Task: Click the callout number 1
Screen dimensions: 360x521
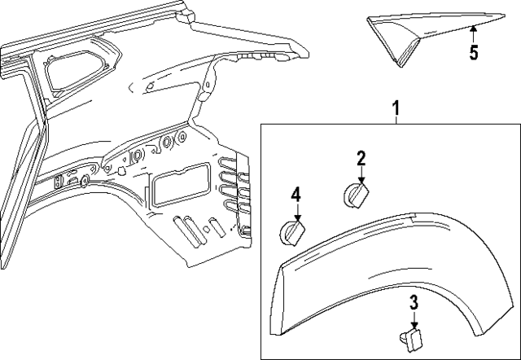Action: point(396,108)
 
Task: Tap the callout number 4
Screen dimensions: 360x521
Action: point(297,195)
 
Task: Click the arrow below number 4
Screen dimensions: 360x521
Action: point(297,213)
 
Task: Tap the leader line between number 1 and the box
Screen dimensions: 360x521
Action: point(396,118)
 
